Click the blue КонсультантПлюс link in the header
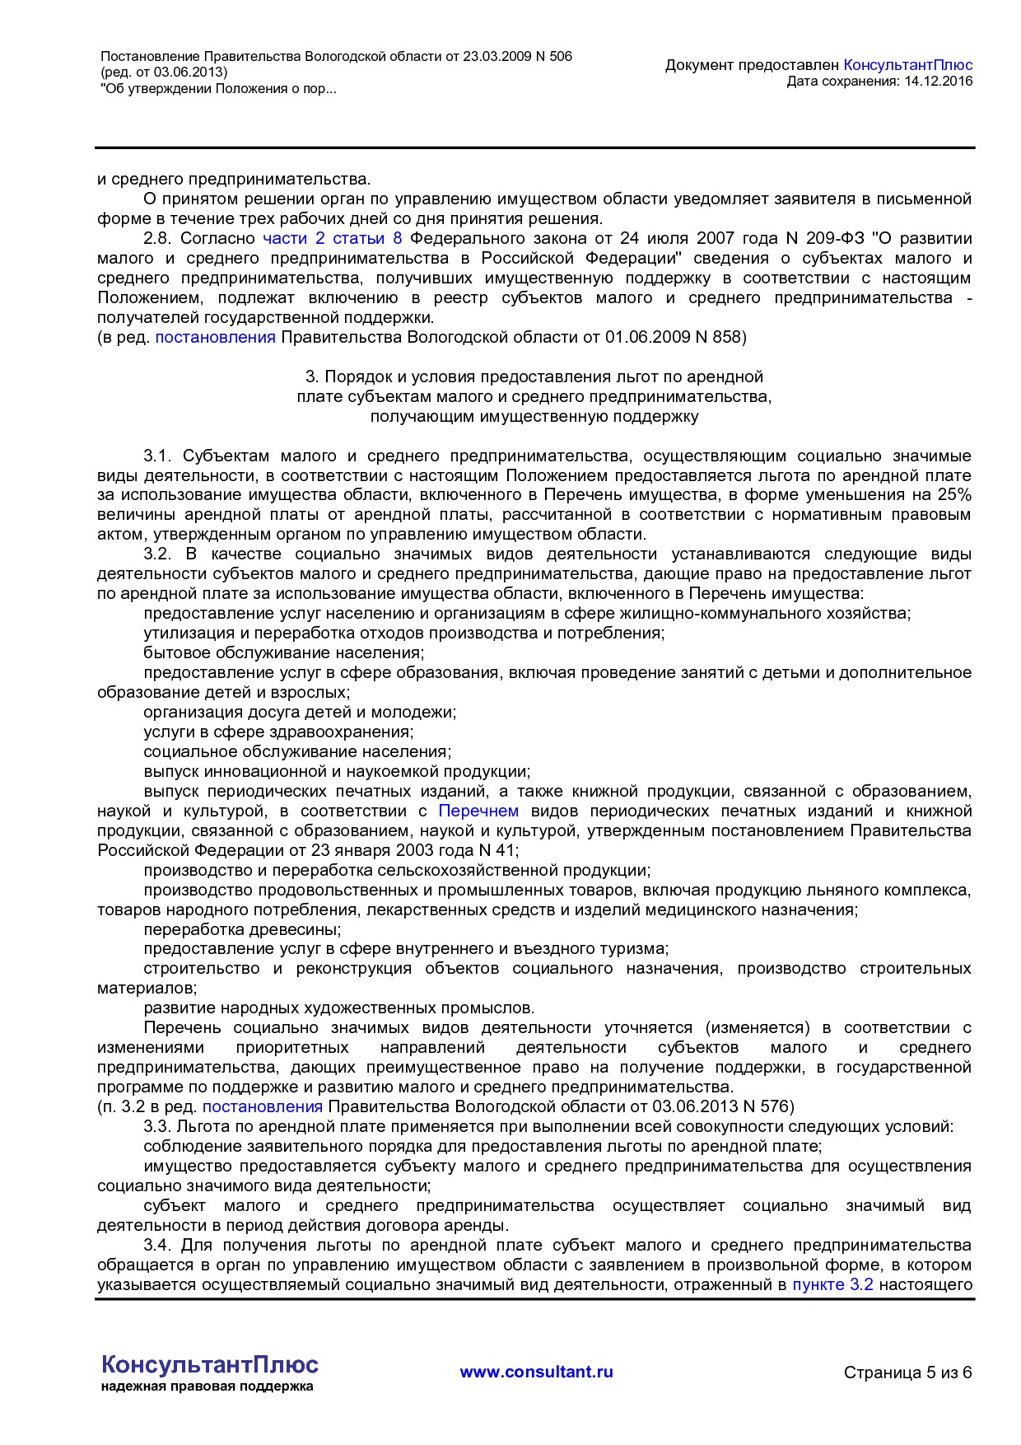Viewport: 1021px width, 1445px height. [x=907, y=65]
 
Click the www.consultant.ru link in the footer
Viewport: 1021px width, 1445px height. [x=536, y=1372]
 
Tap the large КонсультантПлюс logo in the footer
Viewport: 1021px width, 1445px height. [x=209, y=1364]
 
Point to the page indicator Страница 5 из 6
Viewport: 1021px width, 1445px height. [x=907, y=1373]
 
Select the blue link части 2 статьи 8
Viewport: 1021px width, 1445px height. [x=332, y=239]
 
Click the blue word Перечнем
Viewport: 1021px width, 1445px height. [x=478, y=811]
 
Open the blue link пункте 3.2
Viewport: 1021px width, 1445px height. [x=832, y=1284]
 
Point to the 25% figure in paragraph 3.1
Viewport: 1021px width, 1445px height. [x=953, y=495]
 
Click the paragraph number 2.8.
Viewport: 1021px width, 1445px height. [x=157, y=239]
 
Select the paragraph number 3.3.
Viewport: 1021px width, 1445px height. [x=157, y=1127]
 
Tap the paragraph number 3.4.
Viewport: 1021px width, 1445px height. [x=157, y=1246]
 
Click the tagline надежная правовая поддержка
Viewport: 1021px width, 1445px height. [x=207, y=1387]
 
